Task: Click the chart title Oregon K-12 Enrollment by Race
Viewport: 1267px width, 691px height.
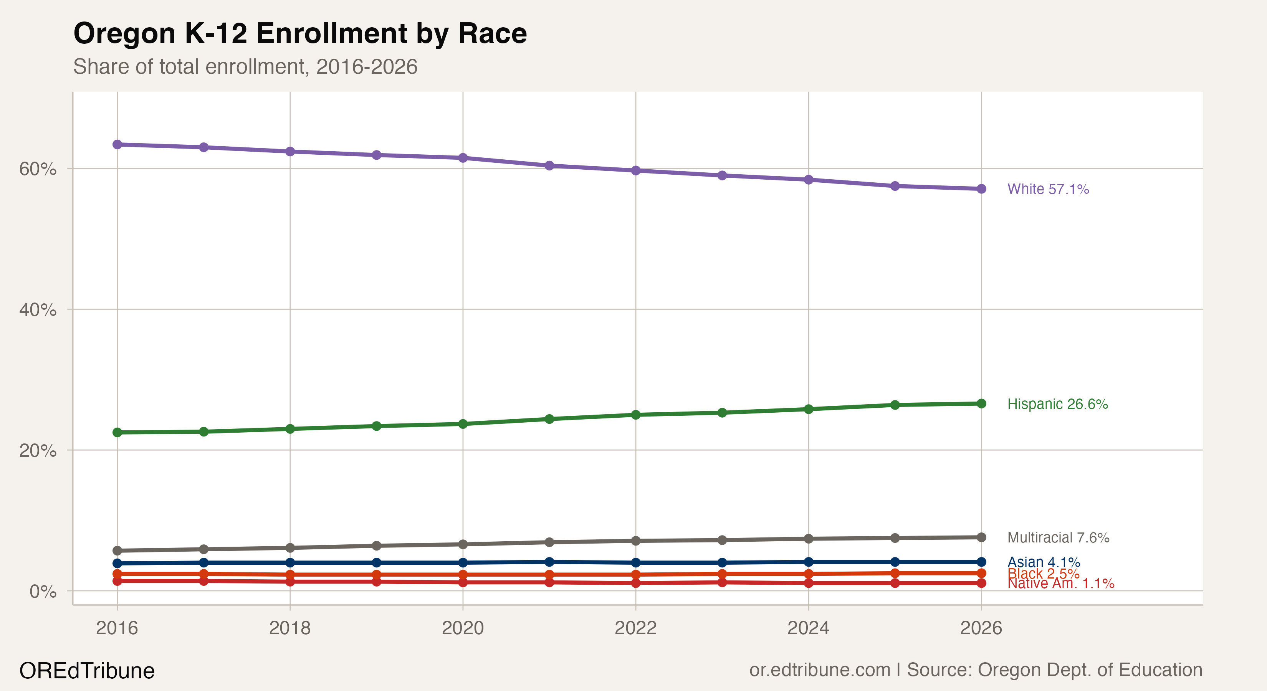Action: [x=300, y=33]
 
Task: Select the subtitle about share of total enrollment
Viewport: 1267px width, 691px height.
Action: [x=245, y=67]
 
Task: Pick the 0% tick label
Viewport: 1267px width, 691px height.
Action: [x=43, y=591]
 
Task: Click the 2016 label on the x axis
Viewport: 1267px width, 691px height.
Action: [x=117, y=628]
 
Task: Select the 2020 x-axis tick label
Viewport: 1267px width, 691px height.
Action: [x=462, y=628]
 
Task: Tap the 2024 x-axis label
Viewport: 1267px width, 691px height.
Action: [x=808, y=628]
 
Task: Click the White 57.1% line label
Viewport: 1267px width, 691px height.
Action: [x=1048, y=189]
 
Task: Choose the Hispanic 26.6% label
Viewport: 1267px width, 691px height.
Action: [x=1057, y=404]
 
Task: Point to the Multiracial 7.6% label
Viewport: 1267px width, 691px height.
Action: [x=1058, y=537]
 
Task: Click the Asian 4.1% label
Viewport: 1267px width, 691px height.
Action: [x=1043, y=562]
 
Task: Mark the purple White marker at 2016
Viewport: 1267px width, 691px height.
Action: [x=117, y=145]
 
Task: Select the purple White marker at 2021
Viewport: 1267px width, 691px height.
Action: [x=549, y=166]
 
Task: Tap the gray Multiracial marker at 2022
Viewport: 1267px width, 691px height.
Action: [x=635, y=541]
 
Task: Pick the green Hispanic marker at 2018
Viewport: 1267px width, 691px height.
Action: [x=290, y=429]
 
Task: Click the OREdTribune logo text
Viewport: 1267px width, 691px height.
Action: [x=87, y=671]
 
